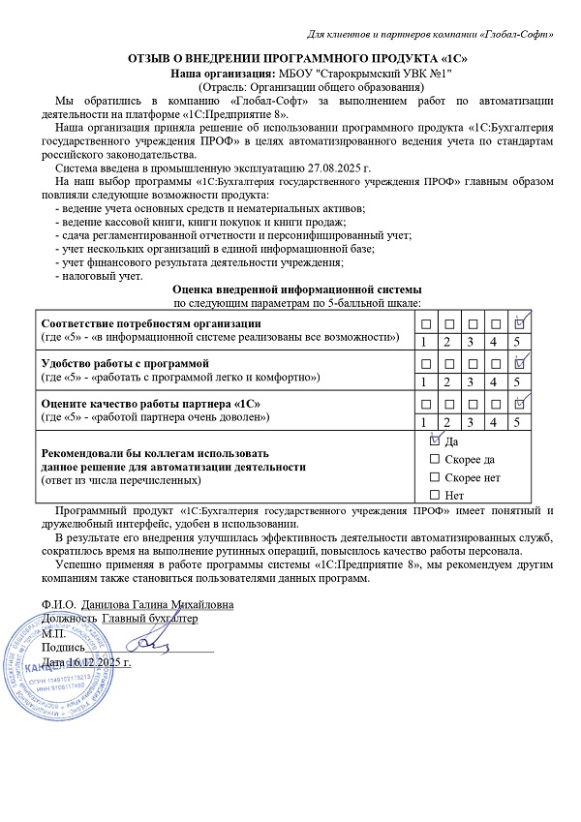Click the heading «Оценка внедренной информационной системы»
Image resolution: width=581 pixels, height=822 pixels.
[x=296, y=289]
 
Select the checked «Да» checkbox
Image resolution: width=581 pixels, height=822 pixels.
[x=434, y=441]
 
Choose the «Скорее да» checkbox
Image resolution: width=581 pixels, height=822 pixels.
[x=434, y=459]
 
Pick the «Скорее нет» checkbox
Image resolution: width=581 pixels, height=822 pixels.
[x=434, y=477]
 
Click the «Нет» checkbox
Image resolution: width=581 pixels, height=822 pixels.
[x=434, y=496]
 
